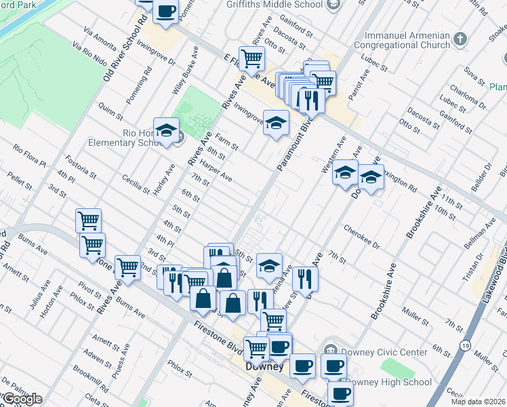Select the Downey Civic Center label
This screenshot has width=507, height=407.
coord(384,352)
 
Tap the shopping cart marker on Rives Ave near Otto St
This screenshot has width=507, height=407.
coord(251,59)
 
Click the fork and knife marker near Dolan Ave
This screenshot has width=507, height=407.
coord(306,277)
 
